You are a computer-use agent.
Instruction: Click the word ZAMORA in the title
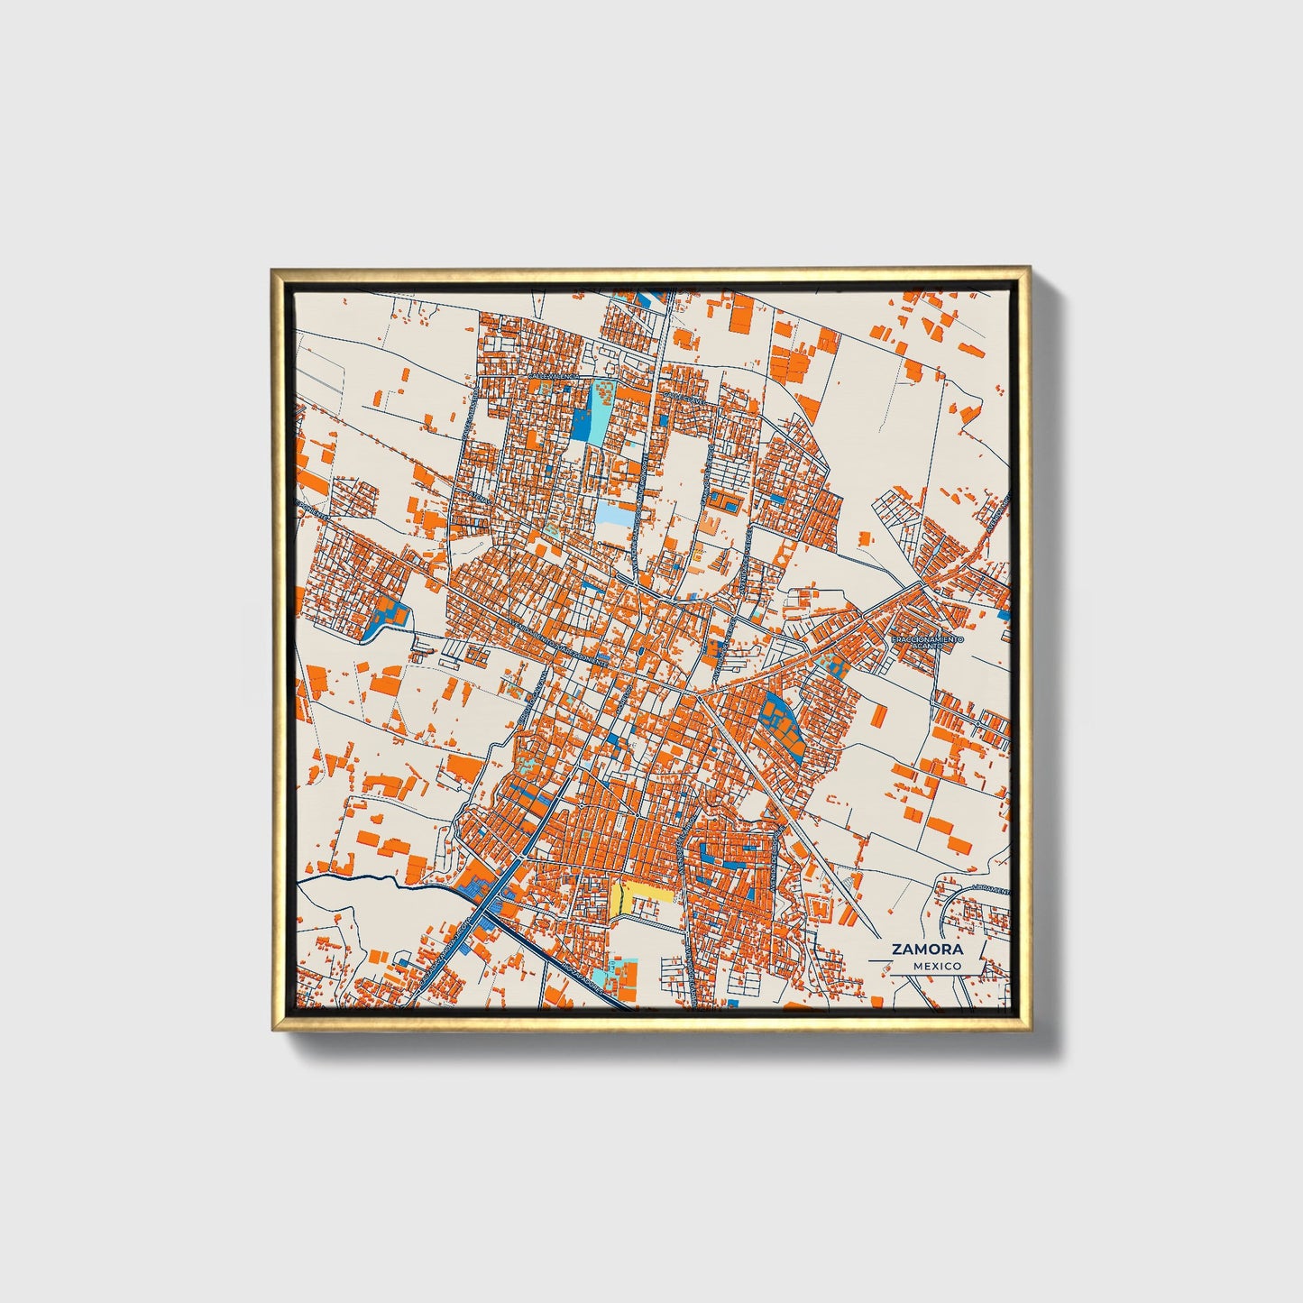pos(927,949)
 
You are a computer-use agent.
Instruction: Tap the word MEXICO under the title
pos(936,966)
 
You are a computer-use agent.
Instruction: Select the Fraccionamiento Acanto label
pos(927,643)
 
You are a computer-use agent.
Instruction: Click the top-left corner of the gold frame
pos(271,269)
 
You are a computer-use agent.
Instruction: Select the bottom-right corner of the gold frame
pos(1029,1029)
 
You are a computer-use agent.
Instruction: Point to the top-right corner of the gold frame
pos(1029,268)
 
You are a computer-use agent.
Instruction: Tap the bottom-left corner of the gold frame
pos(272,1029)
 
